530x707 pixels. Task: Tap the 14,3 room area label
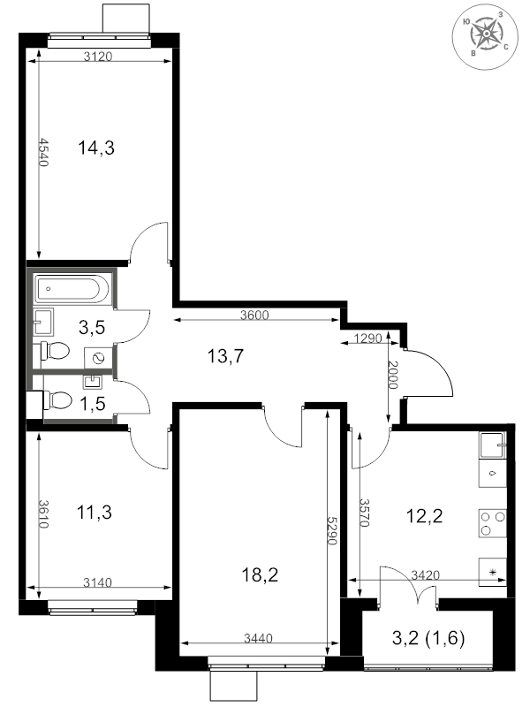(96, 148)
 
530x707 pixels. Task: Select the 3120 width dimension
(98, 57)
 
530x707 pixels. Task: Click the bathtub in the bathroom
(72, 289)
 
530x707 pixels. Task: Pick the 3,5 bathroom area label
(92, 328)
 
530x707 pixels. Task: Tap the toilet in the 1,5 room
(58, 400)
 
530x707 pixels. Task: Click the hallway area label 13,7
(225, 356)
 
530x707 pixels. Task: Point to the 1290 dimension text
(367, 338)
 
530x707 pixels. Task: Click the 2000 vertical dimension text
(393, 375)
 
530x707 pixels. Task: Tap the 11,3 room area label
(95, 513)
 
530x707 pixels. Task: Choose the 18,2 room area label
(260, 575)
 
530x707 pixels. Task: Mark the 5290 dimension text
(332, 530)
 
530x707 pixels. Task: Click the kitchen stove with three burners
(493, 523)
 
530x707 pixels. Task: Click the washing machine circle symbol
(98, 359)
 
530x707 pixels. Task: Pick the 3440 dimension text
(258, 638)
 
